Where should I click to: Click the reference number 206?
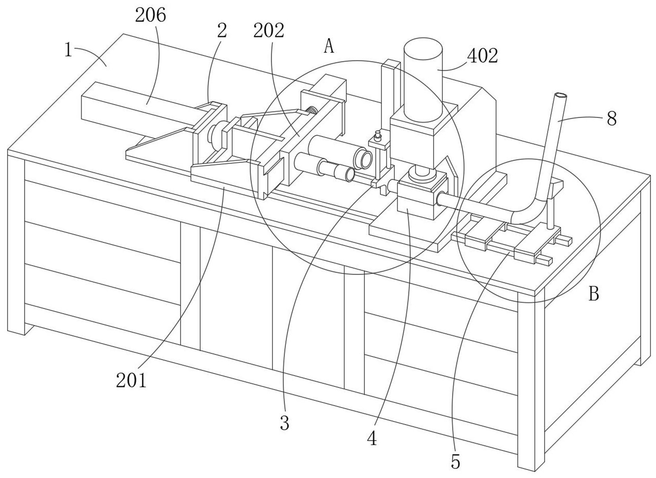(150, 16)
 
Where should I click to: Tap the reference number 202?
(269, 31)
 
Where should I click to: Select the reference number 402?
(482, 56)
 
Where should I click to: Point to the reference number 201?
(131, 381)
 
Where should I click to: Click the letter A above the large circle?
(329, 46)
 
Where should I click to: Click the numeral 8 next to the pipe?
(612, 119)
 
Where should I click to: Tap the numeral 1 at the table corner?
(68, 50)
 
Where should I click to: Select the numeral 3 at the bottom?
(284, 423)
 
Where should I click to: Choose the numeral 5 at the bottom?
(455, 462)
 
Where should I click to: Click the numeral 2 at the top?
(222, 31)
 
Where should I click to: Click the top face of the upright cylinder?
(423, 49)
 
